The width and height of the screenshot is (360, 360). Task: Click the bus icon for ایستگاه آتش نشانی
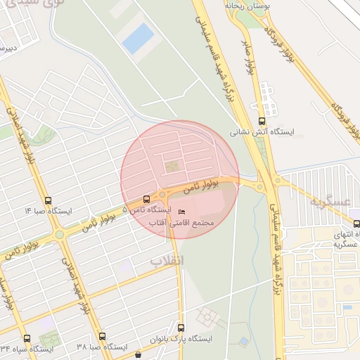(262, 121)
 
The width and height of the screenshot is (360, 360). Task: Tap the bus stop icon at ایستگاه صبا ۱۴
(48, 200)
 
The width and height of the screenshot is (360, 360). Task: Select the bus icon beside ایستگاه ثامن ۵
(146, 199)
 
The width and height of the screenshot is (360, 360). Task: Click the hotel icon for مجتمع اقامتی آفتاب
(182, 212)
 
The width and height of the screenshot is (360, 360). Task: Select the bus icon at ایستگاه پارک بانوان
(181, 328)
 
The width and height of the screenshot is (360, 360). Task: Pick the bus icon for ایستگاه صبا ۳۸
(102, 337)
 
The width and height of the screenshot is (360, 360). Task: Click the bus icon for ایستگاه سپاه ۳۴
(27, 338)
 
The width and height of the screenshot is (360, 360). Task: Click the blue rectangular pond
(138, 38)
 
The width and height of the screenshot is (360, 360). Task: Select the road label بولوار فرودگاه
(309, 70)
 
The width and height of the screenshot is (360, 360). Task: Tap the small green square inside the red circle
(172, 167)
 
